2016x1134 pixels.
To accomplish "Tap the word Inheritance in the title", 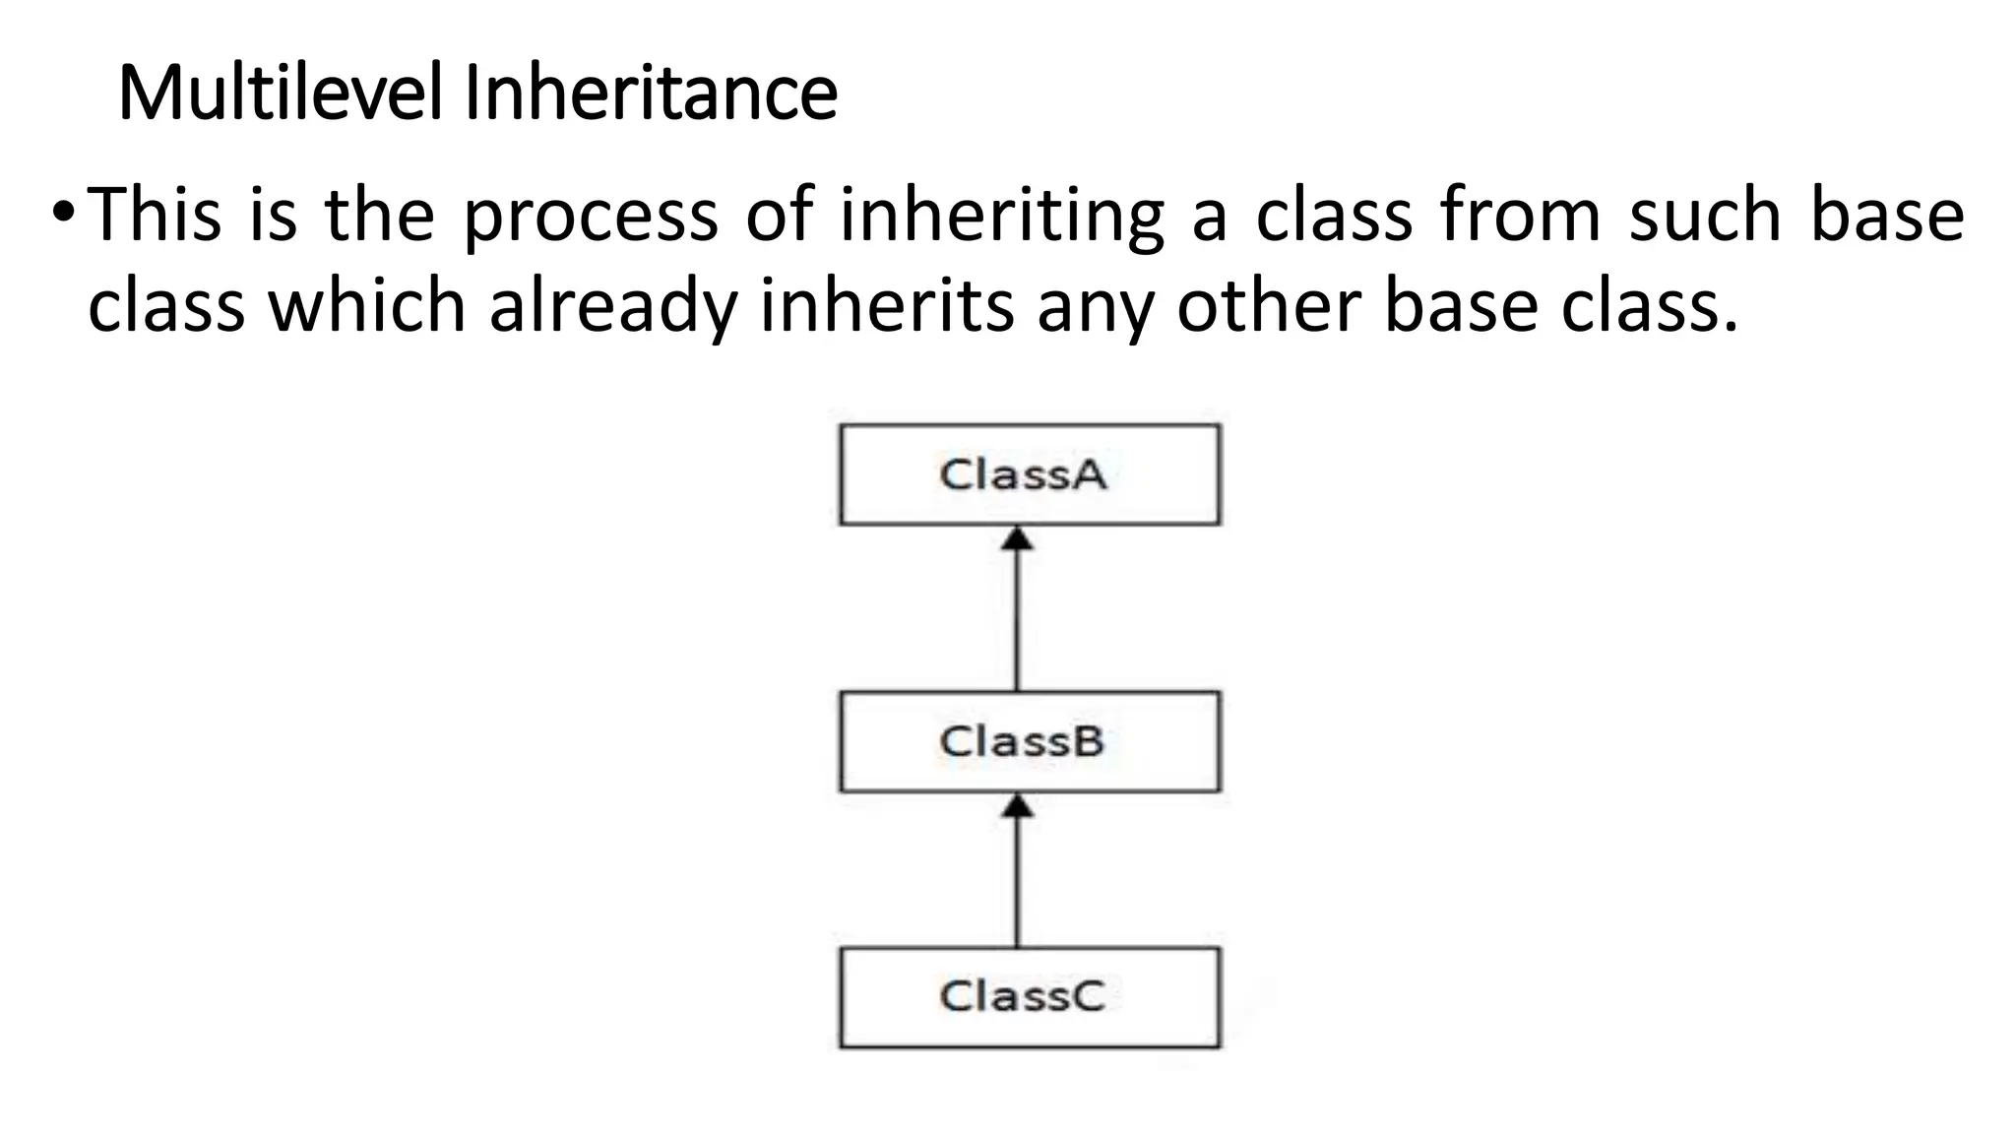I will coord(650,93).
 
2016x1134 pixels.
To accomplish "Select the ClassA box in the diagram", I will coord(1029,474).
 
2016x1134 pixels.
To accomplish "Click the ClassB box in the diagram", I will coord(1029,741).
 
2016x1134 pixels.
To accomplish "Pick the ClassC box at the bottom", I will coord(1029,997).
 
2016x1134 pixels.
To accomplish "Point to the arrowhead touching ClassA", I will coord(1017,538).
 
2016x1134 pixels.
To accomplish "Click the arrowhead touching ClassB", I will coord(1017,806).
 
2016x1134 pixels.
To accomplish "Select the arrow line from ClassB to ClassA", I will coord(1017,620).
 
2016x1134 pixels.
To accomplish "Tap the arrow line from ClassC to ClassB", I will coord(1017,882).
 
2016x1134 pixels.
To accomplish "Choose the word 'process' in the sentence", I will coord(591,217).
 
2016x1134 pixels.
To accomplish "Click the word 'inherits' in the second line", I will coord(887,306).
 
